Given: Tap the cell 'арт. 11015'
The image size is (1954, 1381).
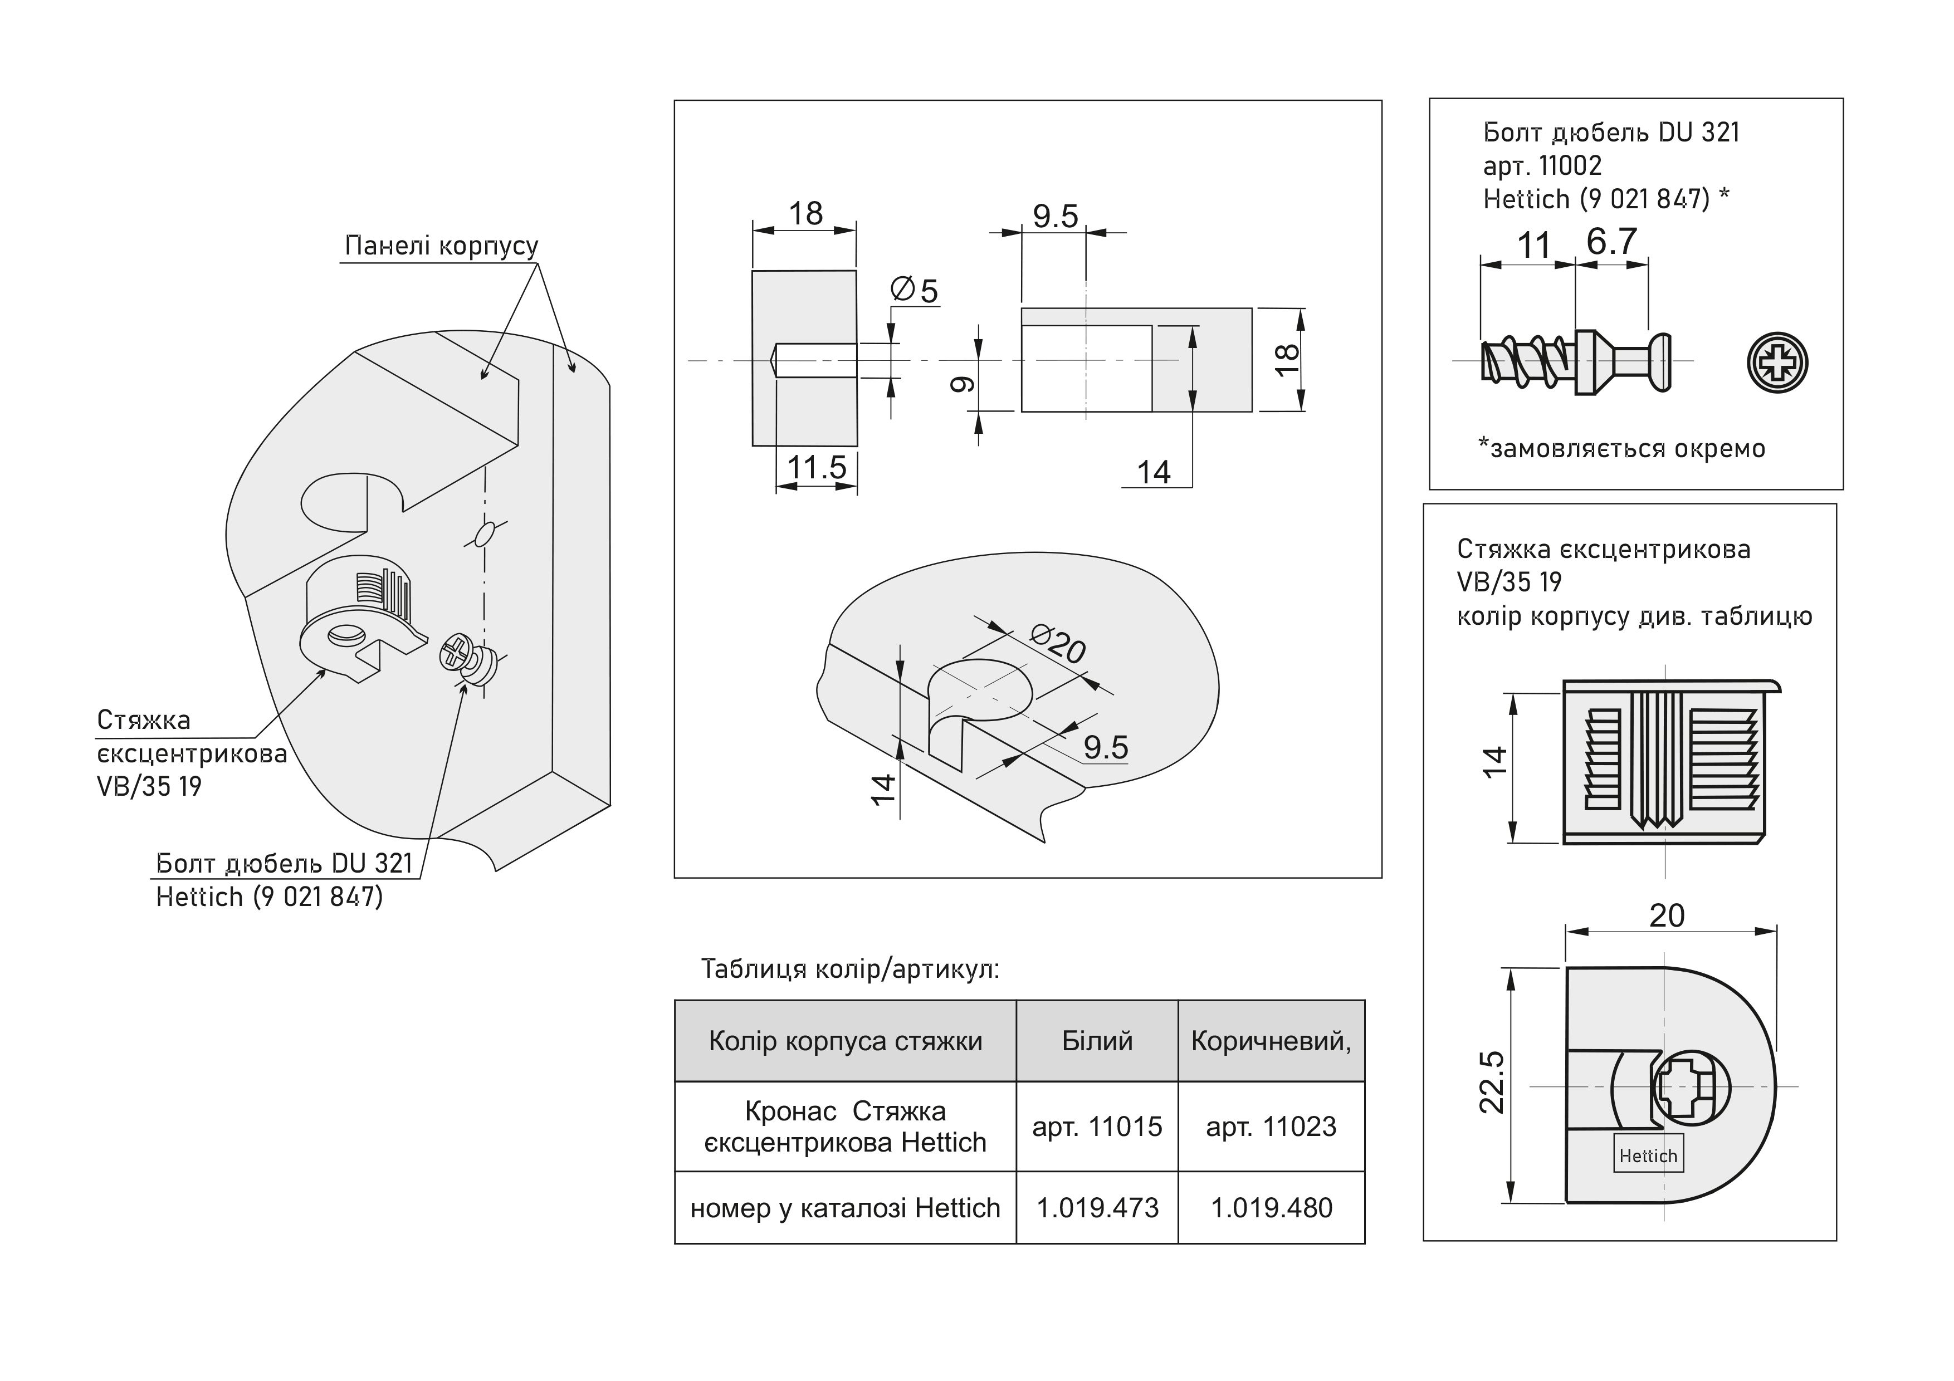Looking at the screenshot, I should (x=1097, y=1127).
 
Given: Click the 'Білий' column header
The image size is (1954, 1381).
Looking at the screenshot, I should (x=1097, y=1041).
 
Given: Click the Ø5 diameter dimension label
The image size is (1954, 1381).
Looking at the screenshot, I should (x=914, y=290).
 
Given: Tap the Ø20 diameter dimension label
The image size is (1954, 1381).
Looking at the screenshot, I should (x=1058, y=644).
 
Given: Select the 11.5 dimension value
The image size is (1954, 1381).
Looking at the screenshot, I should (x=816, y=467).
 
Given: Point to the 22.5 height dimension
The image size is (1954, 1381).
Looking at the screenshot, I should (x=1492, y=1083).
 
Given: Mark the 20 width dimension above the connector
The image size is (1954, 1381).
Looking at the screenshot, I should (x=1667, y=915).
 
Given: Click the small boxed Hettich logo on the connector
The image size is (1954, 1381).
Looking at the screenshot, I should (x=1648, y=1155).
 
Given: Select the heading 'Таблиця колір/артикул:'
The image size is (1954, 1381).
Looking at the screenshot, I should (x=850, y=969).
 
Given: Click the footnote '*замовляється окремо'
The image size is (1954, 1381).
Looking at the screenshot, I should (x=1621, y=448).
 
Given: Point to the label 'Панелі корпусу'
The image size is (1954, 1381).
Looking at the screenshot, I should (x=441, y=246).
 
